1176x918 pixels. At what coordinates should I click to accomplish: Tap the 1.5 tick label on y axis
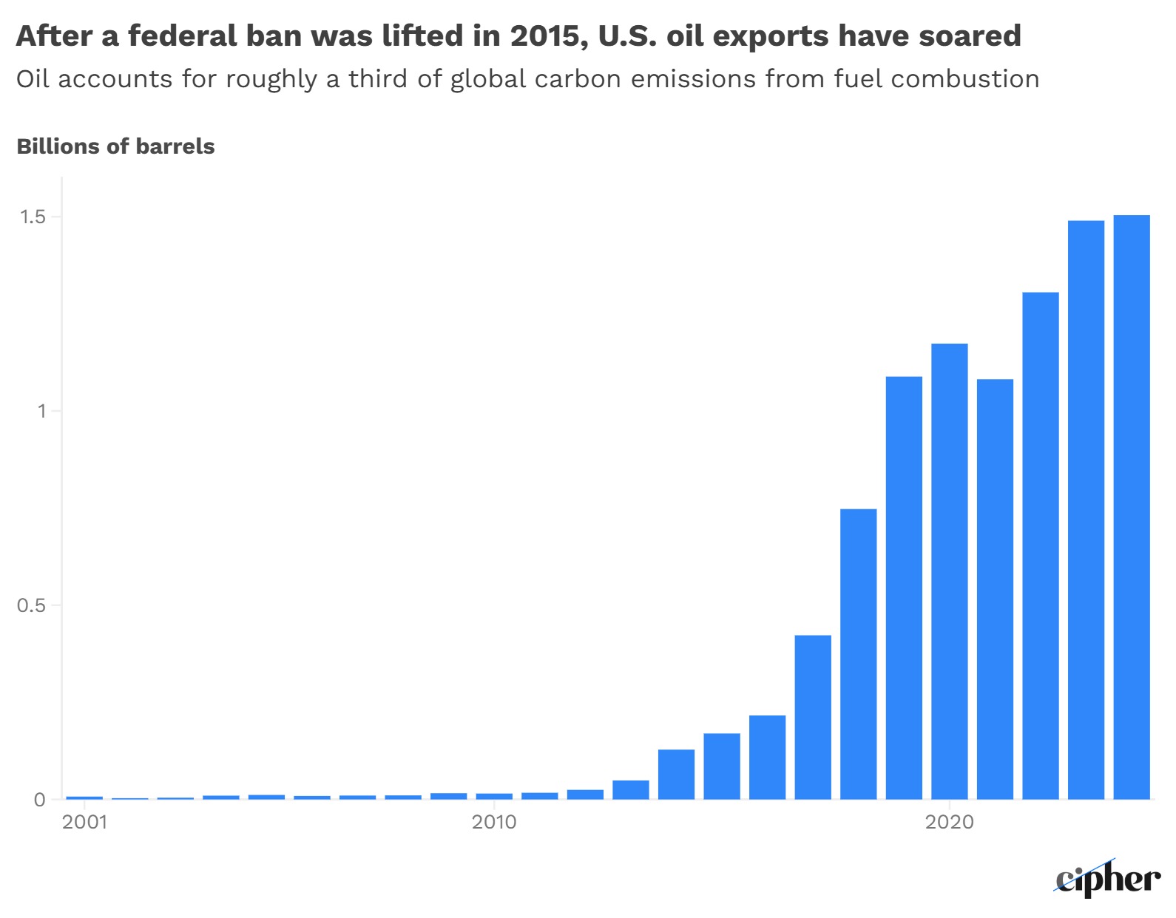coord(33,217)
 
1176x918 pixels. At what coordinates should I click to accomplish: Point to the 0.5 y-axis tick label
coord(31,605)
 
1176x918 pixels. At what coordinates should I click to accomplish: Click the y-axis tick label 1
coord(41,411)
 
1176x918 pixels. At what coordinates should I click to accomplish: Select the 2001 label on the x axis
coord(84,822)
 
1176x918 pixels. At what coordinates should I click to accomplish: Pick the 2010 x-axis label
coord(494,822)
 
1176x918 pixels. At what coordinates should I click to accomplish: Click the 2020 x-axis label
coord(950,822)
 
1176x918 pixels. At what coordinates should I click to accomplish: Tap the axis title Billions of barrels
coord(115,146)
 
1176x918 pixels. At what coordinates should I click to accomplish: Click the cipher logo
coord(1107,880)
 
